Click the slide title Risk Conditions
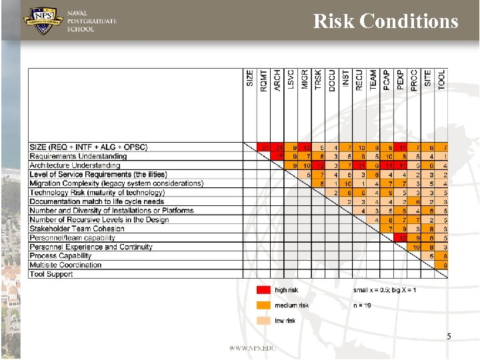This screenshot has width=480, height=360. (x=385, y=21)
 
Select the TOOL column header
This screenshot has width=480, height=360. (x=441, y=81)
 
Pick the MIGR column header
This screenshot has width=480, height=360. (x=305, y=79)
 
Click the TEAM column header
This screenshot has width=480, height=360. (x=373, y=79)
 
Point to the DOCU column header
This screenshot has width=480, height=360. (x=332, y=80)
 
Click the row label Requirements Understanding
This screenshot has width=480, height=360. (x=78, y=156)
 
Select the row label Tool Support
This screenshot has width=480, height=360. (x=51, y=274)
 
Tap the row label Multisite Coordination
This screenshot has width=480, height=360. (x=65, y=265)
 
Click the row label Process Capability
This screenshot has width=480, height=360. (x=61, y=256)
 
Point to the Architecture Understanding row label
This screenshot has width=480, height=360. (x=75, y=165)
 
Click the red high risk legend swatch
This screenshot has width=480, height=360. (x=263, y=290)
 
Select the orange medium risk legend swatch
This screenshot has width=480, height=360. (x=263, y=305)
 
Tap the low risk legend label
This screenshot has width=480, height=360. (x=285, y=321)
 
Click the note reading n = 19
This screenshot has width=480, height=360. (x=363, y=305)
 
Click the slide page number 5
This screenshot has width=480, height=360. (x=449, y=337)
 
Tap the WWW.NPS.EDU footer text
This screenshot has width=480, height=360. (x=252, y=348)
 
